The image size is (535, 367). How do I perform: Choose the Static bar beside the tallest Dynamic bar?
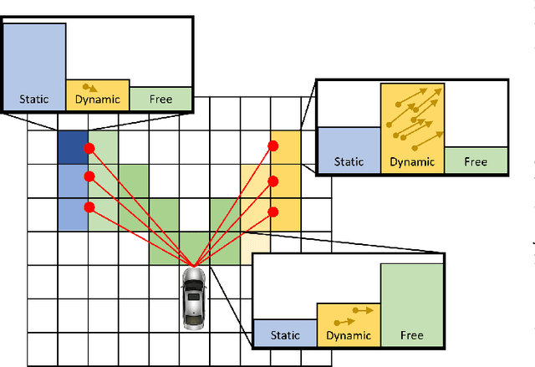click(349, 150)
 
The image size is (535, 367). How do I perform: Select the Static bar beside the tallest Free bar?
click(285, 331)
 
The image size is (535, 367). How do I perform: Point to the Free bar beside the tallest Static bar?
click(161, 98)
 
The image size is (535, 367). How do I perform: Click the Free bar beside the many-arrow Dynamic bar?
click(476, 161)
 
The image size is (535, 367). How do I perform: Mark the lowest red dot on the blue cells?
click(89, 207)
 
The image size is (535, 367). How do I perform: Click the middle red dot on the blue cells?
click(89, 176)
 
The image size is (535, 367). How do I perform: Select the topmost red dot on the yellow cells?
click(273, 146)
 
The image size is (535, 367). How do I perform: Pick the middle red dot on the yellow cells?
click(273, 181)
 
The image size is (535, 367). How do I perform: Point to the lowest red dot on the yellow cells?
click(273, 211)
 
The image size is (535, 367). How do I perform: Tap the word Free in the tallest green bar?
click(412, 335)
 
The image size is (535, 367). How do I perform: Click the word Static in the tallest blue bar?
click(34, 99)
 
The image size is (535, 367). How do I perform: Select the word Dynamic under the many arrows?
click(412, 162)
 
